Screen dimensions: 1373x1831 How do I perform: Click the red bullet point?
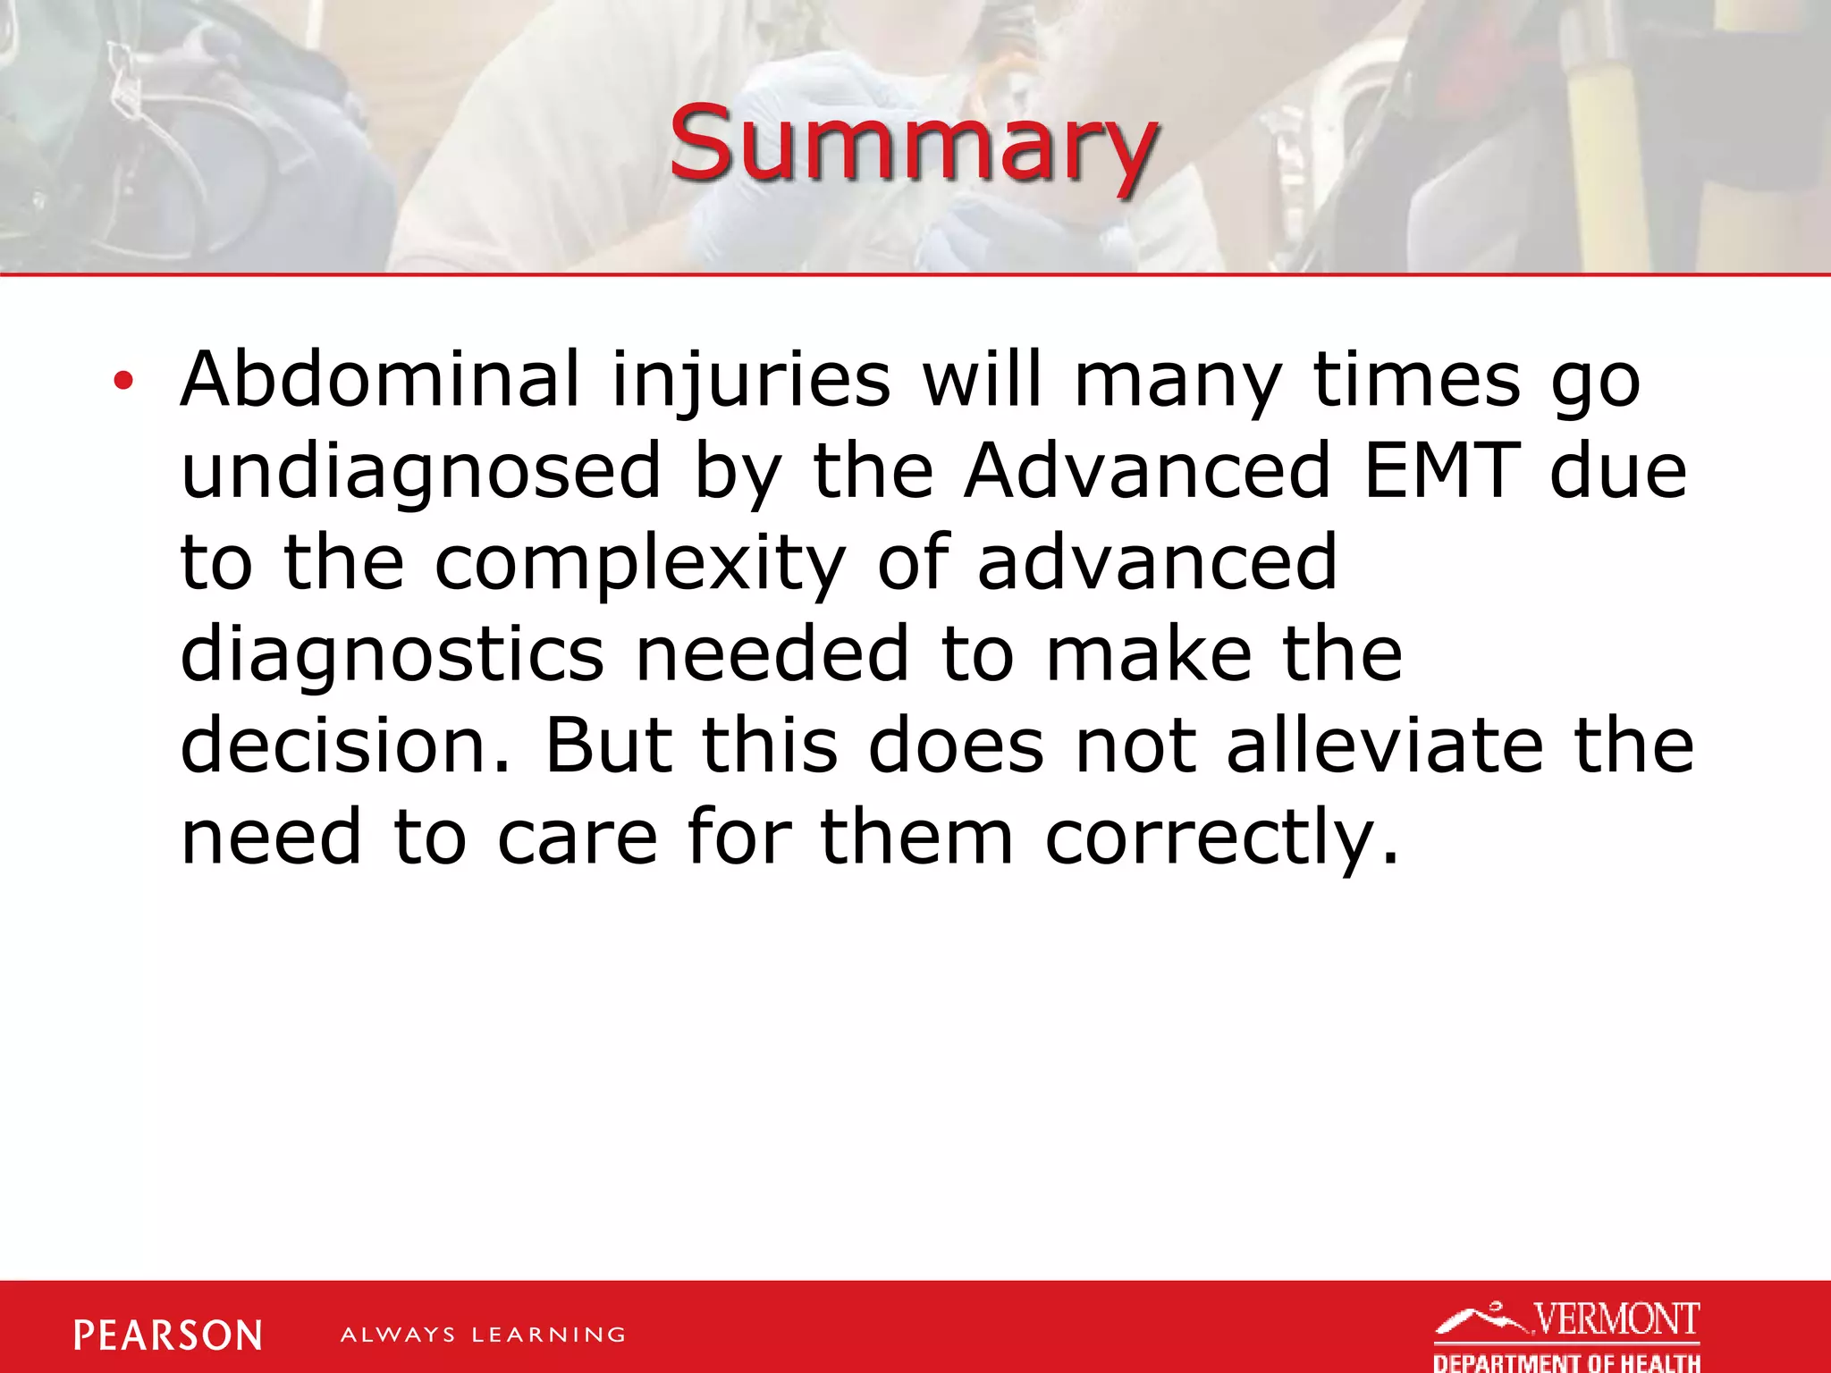123,382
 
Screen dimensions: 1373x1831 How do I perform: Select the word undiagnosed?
421,472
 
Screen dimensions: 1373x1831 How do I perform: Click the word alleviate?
1384,745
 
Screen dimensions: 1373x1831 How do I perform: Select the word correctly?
1220,838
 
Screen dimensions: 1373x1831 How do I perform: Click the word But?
608,745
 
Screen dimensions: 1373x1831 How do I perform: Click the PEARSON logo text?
168,1335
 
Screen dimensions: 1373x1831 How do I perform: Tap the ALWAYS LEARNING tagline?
483,1335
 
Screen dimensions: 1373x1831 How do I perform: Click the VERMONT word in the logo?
1616,1320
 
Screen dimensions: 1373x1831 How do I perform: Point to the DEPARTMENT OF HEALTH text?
1566,1362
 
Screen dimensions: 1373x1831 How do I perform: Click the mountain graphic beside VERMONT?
1481,1320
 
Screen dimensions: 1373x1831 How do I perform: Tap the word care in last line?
578,838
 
